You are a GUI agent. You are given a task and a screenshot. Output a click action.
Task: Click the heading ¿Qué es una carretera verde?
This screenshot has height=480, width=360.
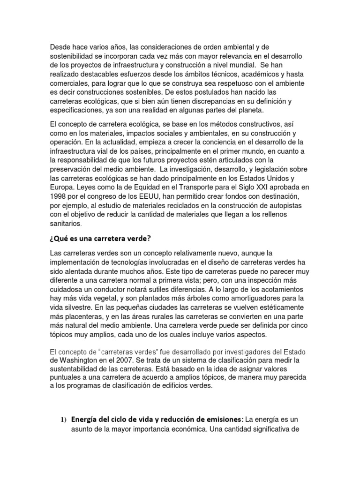click(x=100, y=238)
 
